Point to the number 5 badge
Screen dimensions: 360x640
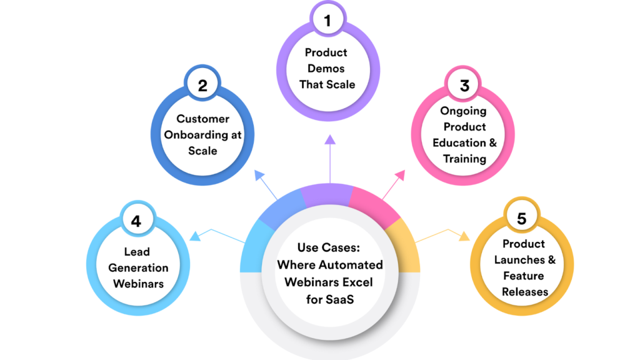(x=521, y=219)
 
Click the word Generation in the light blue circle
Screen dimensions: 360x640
(x=138, y=267)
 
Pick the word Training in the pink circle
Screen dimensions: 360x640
(x=464, y=159)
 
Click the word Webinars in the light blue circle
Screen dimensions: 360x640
(x=138, y=283)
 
